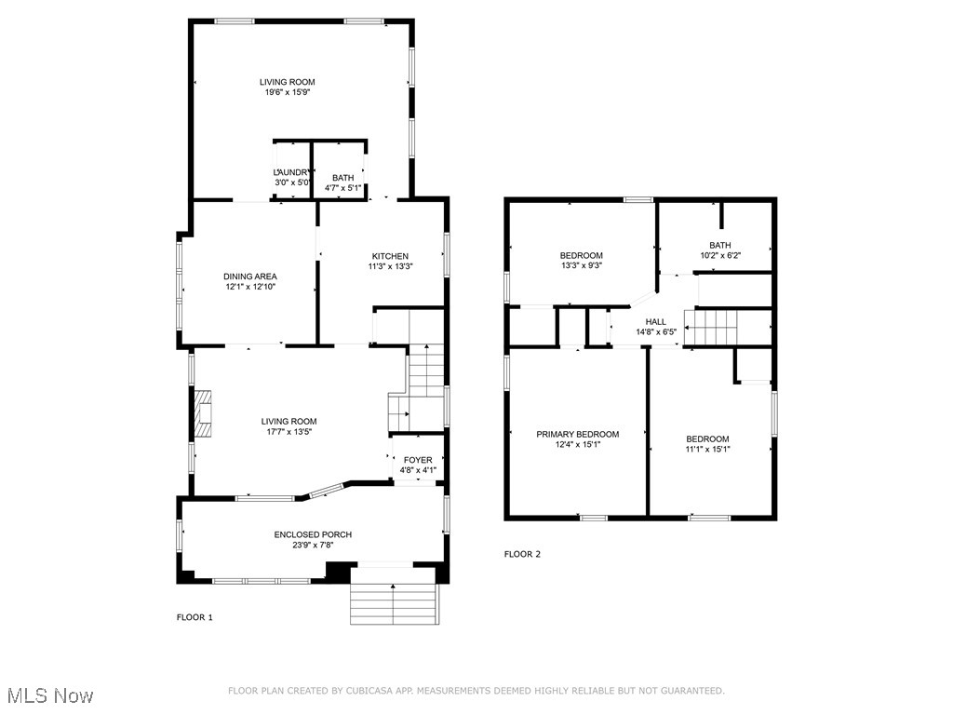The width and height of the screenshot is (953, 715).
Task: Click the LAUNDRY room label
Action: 292,172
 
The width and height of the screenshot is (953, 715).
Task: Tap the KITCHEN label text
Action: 390,256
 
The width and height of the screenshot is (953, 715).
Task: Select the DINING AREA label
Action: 249,277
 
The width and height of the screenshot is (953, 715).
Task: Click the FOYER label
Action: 418,460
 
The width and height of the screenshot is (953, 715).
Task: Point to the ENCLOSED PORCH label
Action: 313,534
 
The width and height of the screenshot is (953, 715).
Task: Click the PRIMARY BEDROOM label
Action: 577,434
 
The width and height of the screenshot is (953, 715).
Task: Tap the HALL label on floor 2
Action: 656,321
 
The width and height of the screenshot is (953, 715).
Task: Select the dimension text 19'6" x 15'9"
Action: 287,93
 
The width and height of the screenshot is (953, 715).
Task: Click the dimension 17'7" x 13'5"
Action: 289,432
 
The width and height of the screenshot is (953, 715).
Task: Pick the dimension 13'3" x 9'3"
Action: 581,266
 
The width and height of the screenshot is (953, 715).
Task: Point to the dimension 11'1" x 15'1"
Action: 707,450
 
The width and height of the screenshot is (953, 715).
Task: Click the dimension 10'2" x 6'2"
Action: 719,256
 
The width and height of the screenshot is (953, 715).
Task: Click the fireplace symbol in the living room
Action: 203,413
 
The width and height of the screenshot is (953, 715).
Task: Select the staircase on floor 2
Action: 711,328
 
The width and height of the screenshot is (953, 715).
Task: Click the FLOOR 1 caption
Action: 195,617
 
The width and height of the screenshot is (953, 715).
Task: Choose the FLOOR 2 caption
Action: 522,554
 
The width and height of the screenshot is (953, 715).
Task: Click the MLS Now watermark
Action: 50,695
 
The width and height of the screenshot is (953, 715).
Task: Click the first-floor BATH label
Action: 342,177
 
